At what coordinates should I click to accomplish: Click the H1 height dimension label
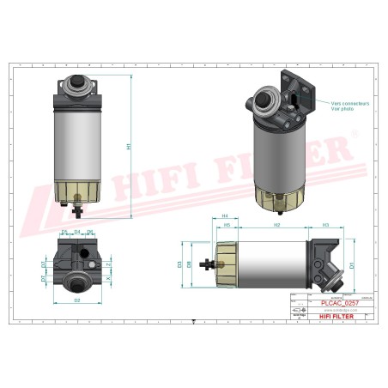[130, 148]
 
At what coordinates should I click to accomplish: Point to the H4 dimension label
[224, 216]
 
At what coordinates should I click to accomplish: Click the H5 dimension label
[227, 226]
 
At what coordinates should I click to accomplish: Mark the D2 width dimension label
[77, 300]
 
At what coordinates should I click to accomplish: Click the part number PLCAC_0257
[333, 302]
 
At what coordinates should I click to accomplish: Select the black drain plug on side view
[205, 264]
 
